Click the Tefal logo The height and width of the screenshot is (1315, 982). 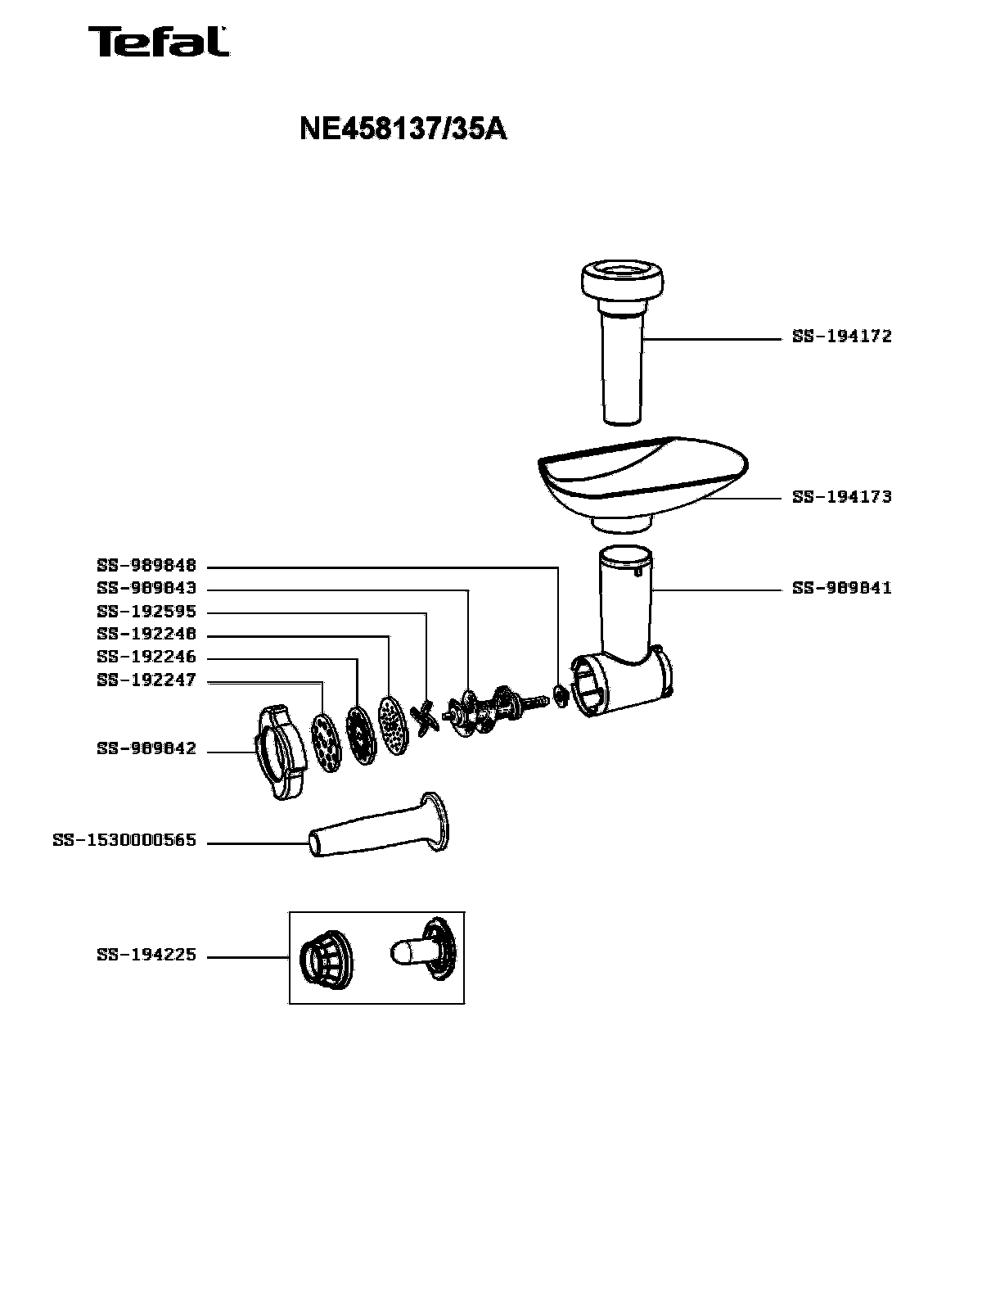(x=159, y=41)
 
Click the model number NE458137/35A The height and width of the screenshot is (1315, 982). (x=403, y=129)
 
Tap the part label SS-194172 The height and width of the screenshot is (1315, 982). (x=842, y=336)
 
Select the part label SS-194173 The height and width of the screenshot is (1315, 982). (x=842, y=497)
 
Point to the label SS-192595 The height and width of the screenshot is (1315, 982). (x=146, y=612)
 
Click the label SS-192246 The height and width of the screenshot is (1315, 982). (x=146, y=657)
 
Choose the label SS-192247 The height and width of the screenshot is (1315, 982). (x=146, y=680)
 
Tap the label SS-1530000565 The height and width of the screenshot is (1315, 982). (x=124, y=841)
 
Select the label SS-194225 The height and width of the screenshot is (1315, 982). (x=146, y=955)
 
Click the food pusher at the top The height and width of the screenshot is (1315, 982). (x=622, y=343)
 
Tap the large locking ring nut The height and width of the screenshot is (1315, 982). (x=280, y=752)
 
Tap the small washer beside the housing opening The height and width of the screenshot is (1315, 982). (x=561, y=695)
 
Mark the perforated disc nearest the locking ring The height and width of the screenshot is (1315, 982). (x=326, y=743)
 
